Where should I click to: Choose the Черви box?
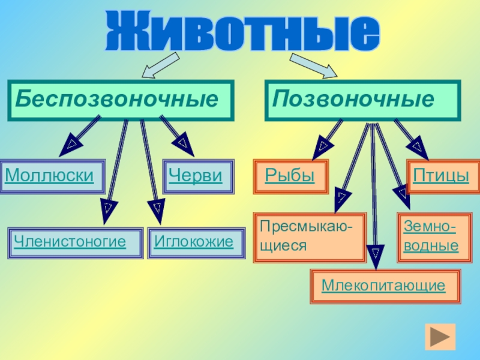tap(196, 176)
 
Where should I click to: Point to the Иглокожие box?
tap(193, 242)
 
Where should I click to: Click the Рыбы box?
tap(290, 176)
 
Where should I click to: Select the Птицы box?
tap(441, 176)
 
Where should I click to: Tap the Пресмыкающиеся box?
tap(309, 238)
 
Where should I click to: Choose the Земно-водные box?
tap(430, 236)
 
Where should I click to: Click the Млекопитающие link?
tap(383, 285)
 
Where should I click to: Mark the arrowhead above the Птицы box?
tap(416, 145)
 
